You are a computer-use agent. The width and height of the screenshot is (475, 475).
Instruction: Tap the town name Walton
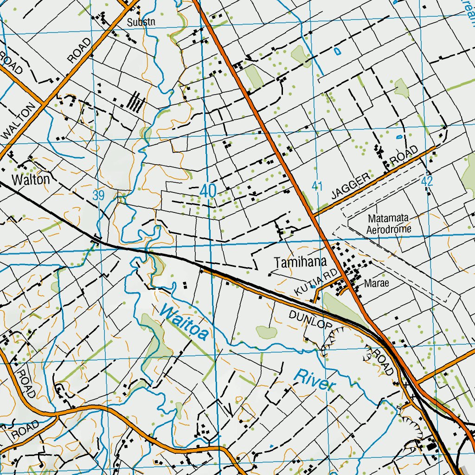tap(31, 180)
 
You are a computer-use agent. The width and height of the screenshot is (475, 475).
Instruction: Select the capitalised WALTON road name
tap(19, 122)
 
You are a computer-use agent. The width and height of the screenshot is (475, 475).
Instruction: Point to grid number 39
tap(98, 195)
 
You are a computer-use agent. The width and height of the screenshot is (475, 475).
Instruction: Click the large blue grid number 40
tap(209, 191)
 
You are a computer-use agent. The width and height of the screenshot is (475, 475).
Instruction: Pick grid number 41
tap(317, 186)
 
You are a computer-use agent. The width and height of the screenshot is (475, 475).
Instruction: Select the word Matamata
tap(389, 218)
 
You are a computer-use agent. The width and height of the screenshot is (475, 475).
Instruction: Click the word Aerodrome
tap(389, 229)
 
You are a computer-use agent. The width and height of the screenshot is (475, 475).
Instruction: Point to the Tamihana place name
tap(300, 263)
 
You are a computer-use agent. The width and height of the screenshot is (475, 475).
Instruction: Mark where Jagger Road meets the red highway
tap(314, 215)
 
